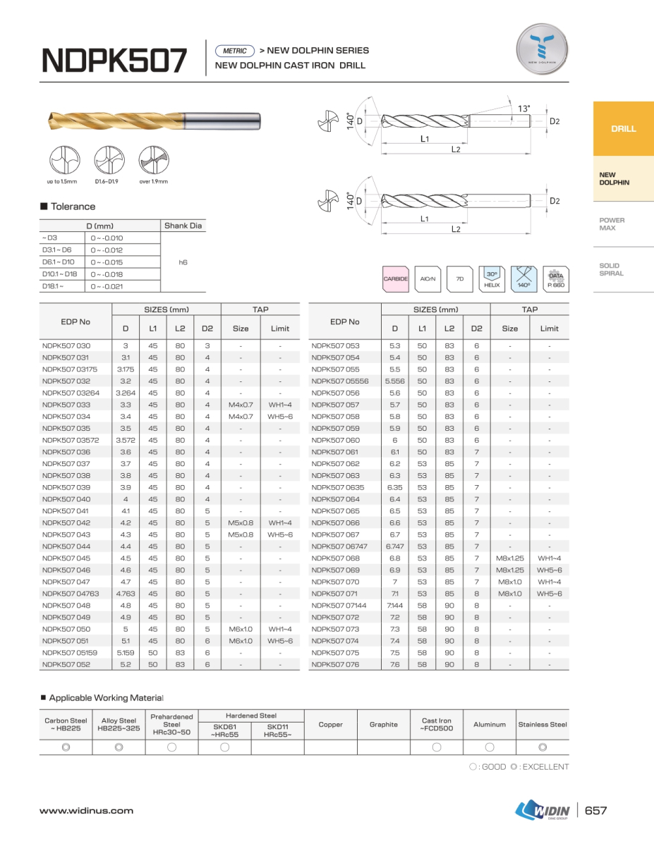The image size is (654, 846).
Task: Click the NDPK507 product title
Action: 114,61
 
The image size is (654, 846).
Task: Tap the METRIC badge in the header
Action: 234,51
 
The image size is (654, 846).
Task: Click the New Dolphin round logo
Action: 542,49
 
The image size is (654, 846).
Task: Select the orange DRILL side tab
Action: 623,129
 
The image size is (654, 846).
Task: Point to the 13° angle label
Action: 523,109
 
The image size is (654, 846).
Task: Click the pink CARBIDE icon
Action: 396,279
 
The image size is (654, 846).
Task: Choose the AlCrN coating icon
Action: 428,279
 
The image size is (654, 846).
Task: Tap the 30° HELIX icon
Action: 492,279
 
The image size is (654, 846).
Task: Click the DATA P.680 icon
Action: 556,279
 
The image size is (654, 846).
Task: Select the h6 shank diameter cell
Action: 183,262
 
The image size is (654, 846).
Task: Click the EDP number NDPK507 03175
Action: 70,369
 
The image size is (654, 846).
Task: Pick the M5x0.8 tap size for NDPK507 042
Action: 241,523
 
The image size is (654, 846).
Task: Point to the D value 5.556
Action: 395,381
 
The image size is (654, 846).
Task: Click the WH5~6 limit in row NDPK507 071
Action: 549,594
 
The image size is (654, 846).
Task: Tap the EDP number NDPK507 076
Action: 335,664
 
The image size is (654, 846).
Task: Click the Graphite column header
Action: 383,724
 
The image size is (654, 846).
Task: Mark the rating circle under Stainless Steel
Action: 543,747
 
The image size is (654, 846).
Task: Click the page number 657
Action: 596,811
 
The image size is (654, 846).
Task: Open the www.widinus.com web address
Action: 86,811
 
